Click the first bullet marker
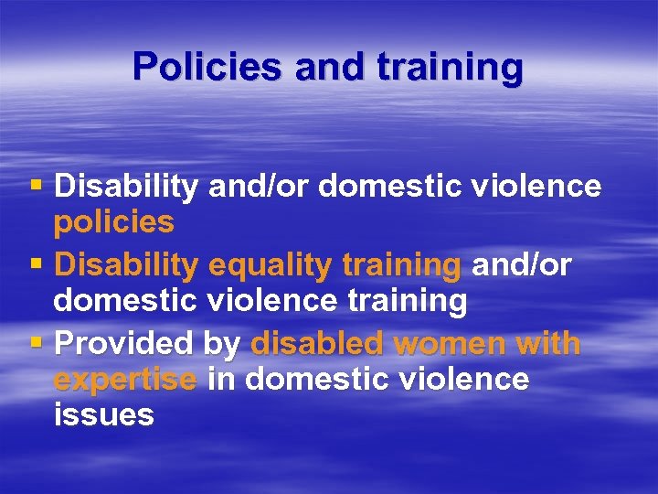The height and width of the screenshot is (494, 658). pos(36,187)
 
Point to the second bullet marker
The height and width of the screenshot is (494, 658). pos(36,263)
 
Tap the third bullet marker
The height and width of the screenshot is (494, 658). pos(36,343)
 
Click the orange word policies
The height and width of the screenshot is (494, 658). pos(113,222)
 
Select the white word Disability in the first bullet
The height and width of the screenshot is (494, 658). pos(126,188)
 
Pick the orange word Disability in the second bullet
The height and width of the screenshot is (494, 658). pos(126,265)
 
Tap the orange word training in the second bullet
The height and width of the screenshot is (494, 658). pos(401,265)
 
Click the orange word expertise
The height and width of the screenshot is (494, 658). pos(125,380)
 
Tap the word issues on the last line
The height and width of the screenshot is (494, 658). pos(103,414)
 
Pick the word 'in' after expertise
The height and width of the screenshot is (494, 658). pos(220,379)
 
